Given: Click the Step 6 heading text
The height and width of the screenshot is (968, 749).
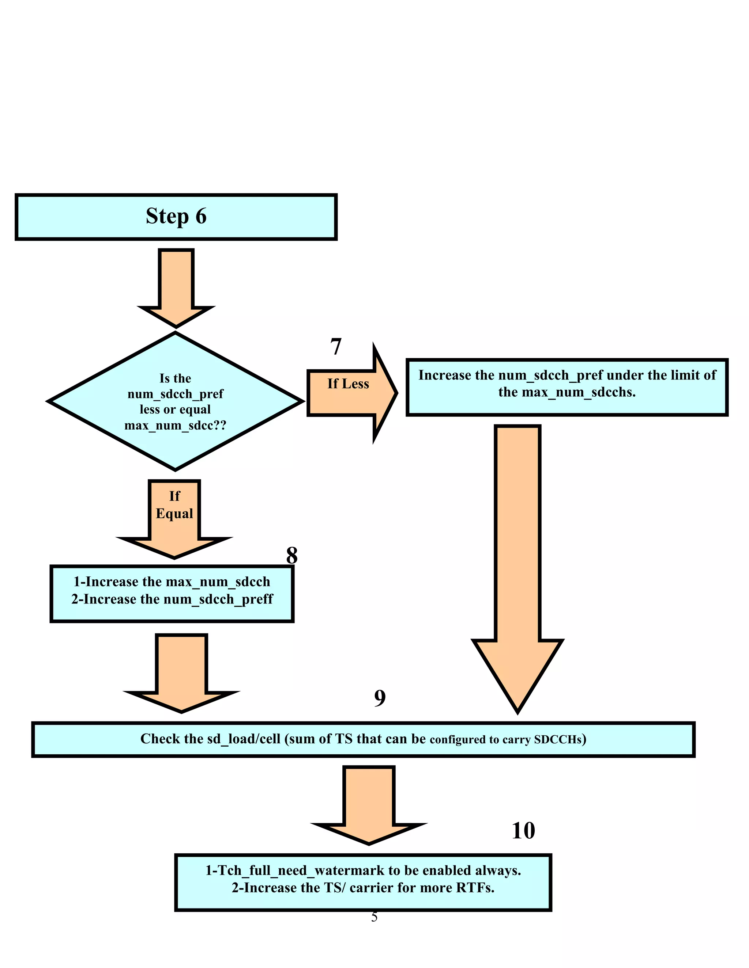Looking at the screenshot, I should [x=176, y=216].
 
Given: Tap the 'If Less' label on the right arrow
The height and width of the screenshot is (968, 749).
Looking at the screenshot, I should [x=348, y=384].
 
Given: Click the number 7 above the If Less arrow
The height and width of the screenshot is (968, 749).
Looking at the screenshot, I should [x=336, y=347].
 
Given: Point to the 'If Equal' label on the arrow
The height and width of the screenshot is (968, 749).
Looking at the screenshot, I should [x=174, y=505].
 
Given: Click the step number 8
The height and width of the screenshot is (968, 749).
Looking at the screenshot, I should [x=291, y=555].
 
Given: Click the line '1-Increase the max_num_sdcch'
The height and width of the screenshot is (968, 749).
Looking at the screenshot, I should [x=172, y=582].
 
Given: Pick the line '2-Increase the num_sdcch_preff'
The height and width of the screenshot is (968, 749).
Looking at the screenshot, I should [x=172, y=599].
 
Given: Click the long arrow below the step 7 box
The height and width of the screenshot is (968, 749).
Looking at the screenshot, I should [x=517, y=554].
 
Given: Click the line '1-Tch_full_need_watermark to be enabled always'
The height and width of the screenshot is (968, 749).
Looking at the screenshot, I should [x=362, y=870].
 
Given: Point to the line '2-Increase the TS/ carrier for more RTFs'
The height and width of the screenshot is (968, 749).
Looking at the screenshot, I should [x=362, y=888].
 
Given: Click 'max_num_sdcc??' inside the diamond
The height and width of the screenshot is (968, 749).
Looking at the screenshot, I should [x=175, y=426].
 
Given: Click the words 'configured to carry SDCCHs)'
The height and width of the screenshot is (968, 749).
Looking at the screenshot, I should [x=508, y=740].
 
